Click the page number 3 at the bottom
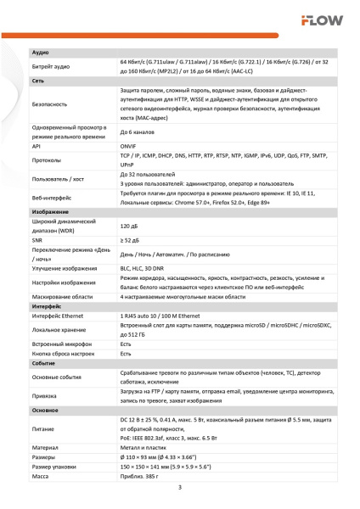coord(179,487)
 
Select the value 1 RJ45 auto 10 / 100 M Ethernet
coord(172,315)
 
